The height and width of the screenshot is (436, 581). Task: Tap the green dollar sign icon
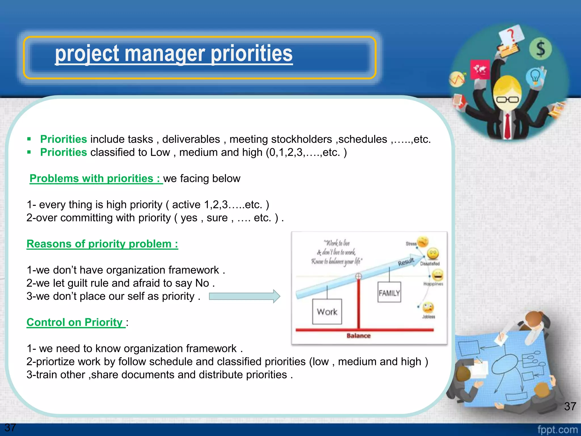tap(540, 49)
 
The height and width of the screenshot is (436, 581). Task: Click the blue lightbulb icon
tap(535, 76)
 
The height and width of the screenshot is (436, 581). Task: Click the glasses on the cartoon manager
tap(507, 100)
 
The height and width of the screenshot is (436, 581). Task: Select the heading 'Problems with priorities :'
tap(96, 179)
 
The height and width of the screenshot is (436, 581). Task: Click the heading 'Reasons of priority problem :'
tap(102, 244)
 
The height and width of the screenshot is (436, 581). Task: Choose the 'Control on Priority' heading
tap(75, 322)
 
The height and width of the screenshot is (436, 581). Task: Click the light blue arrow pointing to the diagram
tap(244, 296)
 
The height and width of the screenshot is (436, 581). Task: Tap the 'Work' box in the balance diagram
tap(327, 312)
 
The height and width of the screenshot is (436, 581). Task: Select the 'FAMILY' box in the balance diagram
tap(389, 292)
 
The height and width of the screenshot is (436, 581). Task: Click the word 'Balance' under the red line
tap(358, 336)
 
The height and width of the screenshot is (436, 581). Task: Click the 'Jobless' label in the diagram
tap(428, 317)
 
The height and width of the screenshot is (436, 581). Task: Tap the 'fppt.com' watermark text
tap(557, 429)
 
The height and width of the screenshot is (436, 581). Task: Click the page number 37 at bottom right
tap(570, 406)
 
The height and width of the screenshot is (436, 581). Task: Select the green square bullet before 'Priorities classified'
tap(29, 152)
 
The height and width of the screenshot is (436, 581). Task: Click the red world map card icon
tap(480, 69)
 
